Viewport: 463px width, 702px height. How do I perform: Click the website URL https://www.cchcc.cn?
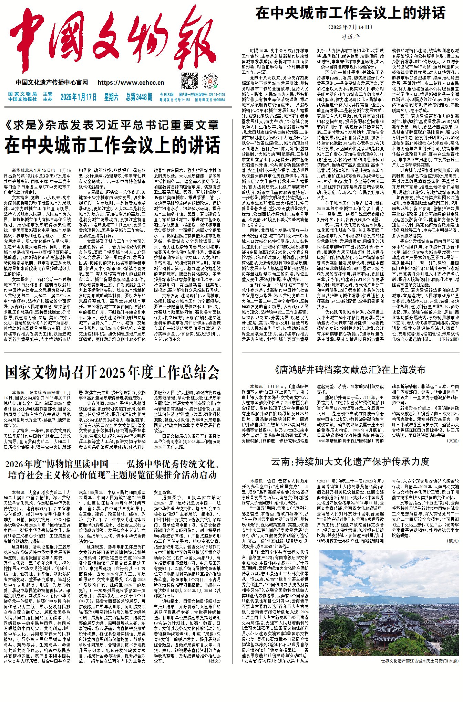[x=131, y=83]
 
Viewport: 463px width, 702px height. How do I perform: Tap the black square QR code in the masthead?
[x=190, y=81]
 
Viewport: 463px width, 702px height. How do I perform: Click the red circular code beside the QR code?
[x=210, y=81]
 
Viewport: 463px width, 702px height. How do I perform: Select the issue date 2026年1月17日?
[x=79, y=97]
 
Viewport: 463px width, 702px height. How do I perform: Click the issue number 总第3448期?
[x=139, y=97]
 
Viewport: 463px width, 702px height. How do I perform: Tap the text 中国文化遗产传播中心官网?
[x=52, y=83]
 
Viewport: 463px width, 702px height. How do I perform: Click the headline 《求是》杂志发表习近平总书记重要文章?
[x=112, y=125]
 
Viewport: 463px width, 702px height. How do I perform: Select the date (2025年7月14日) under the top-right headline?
[x=350, y=27]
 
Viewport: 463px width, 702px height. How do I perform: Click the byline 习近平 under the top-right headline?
[x=350, y=36]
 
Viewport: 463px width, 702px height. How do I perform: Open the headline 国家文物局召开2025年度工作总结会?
[x=112, y=372]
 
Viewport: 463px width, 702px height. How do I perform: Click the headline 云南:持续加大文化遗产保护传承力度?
[x=350, y=461]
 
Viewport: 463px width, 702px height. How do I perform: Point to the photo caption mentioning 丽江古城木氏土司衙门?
[x=420, y=661]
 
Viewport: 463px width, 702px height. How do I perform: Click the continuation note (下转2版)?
[x=449, y=339]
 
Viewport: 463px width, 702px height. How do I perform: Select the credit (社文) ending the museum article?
[x=215, y=661]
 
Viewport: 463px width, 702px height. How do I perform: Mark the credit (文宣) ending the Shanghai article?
[x=453, y=441]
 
